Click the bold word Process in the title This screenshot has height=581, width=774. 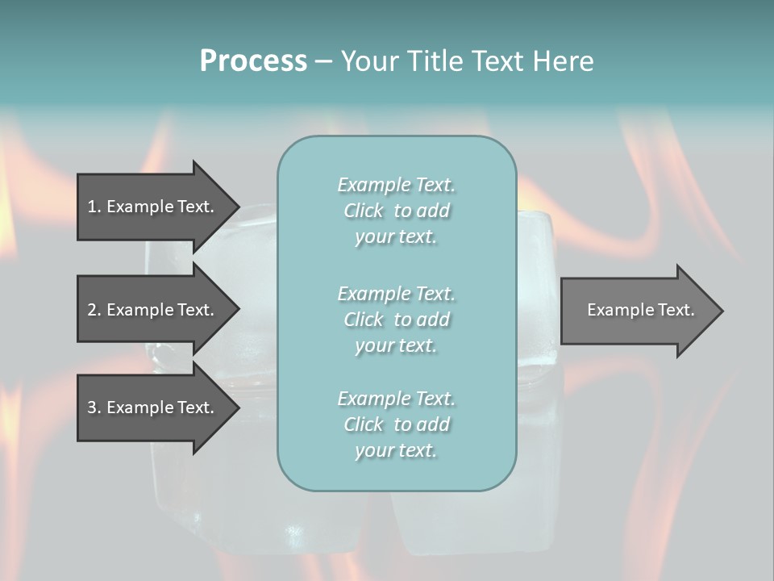coord(253,61)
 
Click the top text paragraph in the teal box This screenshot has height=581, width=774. coord(396,211)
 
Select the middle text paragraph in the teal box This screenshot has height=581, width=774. coord(396,320)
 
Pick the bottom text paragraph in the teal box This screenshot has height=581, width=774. coord(396,424)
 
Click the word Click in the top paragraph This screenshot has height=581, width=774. coord(363,211)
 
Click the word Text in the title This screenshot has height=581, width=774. coord(497,61)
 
